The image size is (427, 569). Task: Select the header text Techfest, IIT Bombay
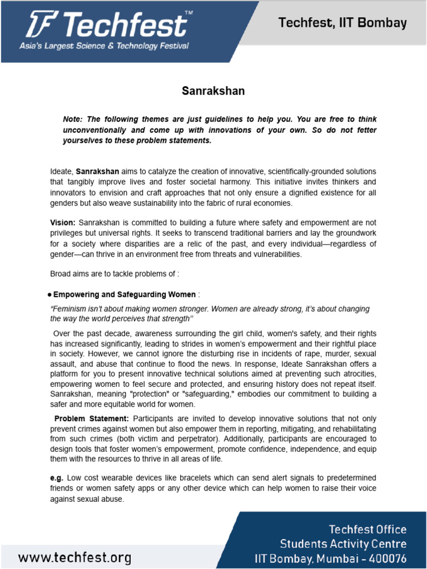[x=342, y=23]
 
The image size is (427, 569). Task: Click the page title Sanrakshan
[x=213, y=91]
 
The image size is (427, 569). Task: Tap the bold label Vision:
[x=62, y=223]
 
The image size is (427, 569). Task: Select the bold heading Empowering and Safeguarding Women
[x=125, y=295]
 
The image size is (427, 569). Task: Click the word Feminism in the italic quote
[x=70, y=309]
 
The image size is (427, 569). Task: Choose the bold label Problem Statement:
[x=92, y=418]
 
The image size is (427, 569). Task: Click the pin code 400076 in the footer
[x=386, y=558]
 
